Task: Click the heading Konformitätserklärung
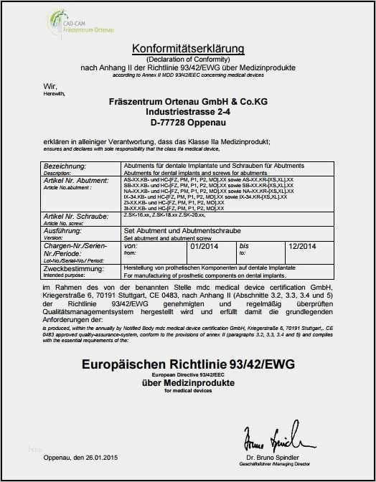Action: pyautogui.click(x=188, y=48)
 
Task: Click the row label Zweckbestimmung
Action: pyautogui.click(x=72, y=269)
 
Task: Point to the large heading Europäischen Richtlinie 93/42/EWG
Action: pyautogui.click(x=188, y=364)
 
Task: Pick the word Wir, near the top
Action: pyautogui.click(x=49, y=85)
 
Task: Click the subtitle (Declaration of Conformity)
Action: pyautogui.click(x=188, y=59)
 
